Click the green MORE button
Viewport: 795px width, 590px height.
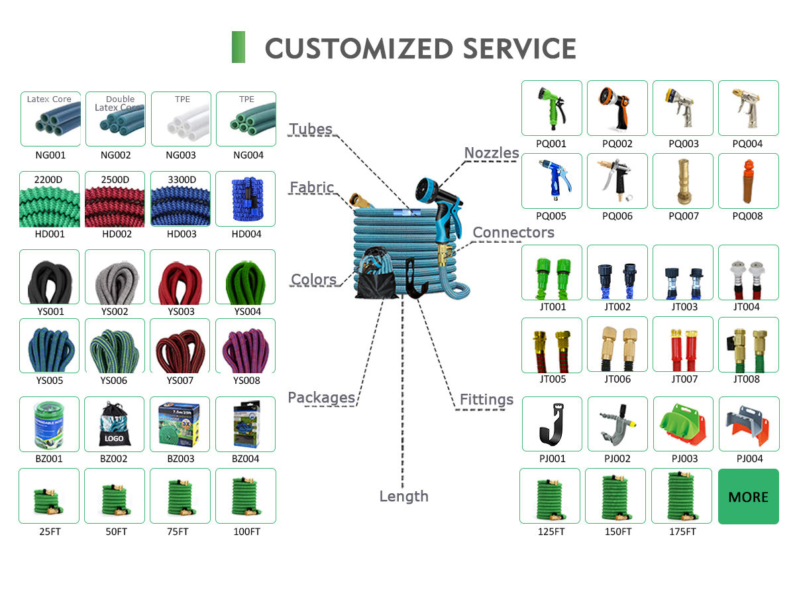[x=749, y=497]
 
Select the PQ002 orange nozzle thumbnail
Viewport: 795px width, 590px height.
[x=617, y=108]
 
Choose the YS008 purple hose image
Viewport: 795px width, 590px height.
[x=246, y=346]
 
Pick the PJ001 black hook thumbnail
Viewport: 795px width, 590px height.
[x=552, y=424]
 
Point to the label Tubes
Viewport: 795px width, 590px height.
[x=311, y=129]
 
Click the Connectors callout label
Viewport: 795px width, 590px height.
[x=513, y=232]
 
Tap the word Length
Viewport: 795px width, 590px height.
[x=403, y=497]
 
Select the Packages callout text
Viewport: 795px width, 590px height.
[x=321, y=398]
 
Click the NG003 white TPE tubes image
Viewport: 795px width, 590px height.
[x=181, y=119]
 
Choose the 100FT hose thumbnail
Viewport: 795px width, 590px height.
[x=246, y=496]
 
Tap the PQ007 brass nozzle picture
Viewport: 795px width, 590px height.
[x=683, y=181]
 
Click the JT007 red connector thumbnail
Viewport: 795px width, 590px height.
[x=683, y=345]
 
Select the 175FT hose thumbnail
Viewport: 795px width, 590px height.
[x=682, y=496]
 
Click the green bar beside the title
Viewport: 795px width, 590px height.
[x=238, y=47]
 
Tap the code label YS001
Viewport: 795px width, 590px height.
[x=50, y=312]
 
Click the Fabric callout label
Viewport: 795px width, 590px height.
[x=311, y=188]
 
